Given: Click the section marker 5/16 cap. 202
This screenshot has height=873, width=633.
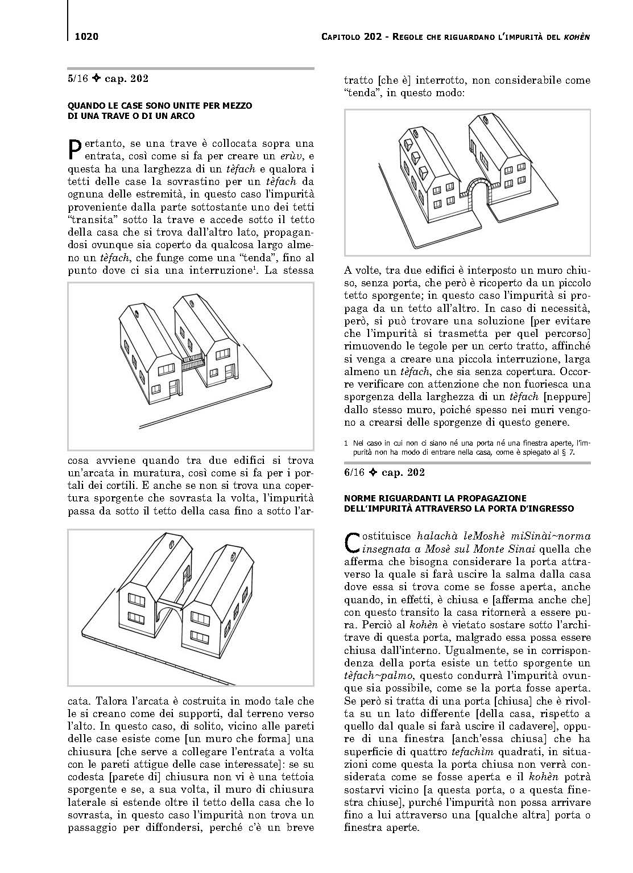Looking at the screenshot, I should (108, 79).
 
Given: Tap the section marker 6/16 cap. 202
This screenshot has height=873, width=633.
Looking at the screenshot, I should (385, 472).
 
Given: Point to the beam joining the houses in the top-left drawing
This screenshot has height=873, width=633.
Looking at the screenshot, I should (192, 361).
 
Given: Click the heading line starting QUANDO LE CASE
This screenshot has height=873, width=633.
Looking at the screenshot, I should (160, 106).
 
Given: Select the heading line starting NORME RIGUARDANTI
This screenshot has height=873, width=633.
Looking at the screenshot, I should (436, 498).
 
